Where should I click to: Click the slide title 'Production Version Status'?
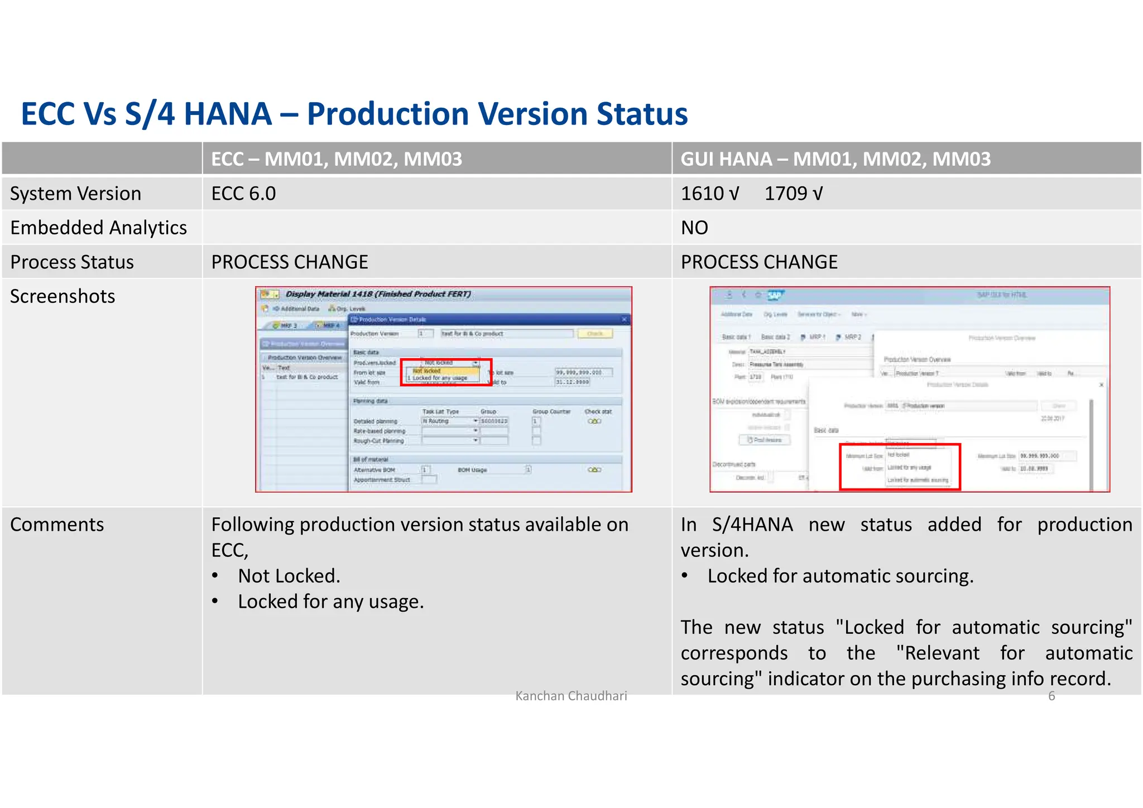354,114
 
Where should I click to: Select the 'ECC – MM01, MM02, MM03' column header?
337,159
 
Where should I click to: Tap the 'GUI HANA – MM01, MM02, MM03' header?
835,159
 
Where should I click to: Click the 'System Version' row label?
76,194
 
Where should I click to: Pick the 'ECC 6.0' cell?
243,194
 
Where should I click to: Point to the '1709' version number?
786,194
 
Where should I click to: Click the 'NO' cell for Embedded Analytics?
694,228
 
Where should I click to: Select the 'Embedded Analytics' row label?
98,228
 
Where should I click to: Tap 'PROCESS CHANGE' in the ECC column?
290,262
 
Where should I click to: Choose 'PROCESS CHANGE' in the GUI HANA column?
759,262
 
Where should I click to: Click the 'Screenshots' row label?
63,296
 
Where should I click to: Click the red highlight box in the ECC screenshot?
446,372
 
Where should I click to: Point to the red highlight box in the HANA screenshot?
900,467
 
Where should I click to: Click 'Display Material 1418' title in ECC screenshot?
378,294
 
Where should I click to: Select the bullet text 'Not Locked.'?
289,576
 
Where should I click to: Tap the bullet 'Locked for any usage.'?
331,602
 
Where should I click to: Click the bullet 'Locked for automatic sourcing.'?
841,576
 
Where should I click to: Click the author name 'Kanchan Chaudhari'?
571,696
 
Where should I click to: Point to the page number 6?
1051,696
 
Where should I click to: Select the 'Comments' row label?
57,525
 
